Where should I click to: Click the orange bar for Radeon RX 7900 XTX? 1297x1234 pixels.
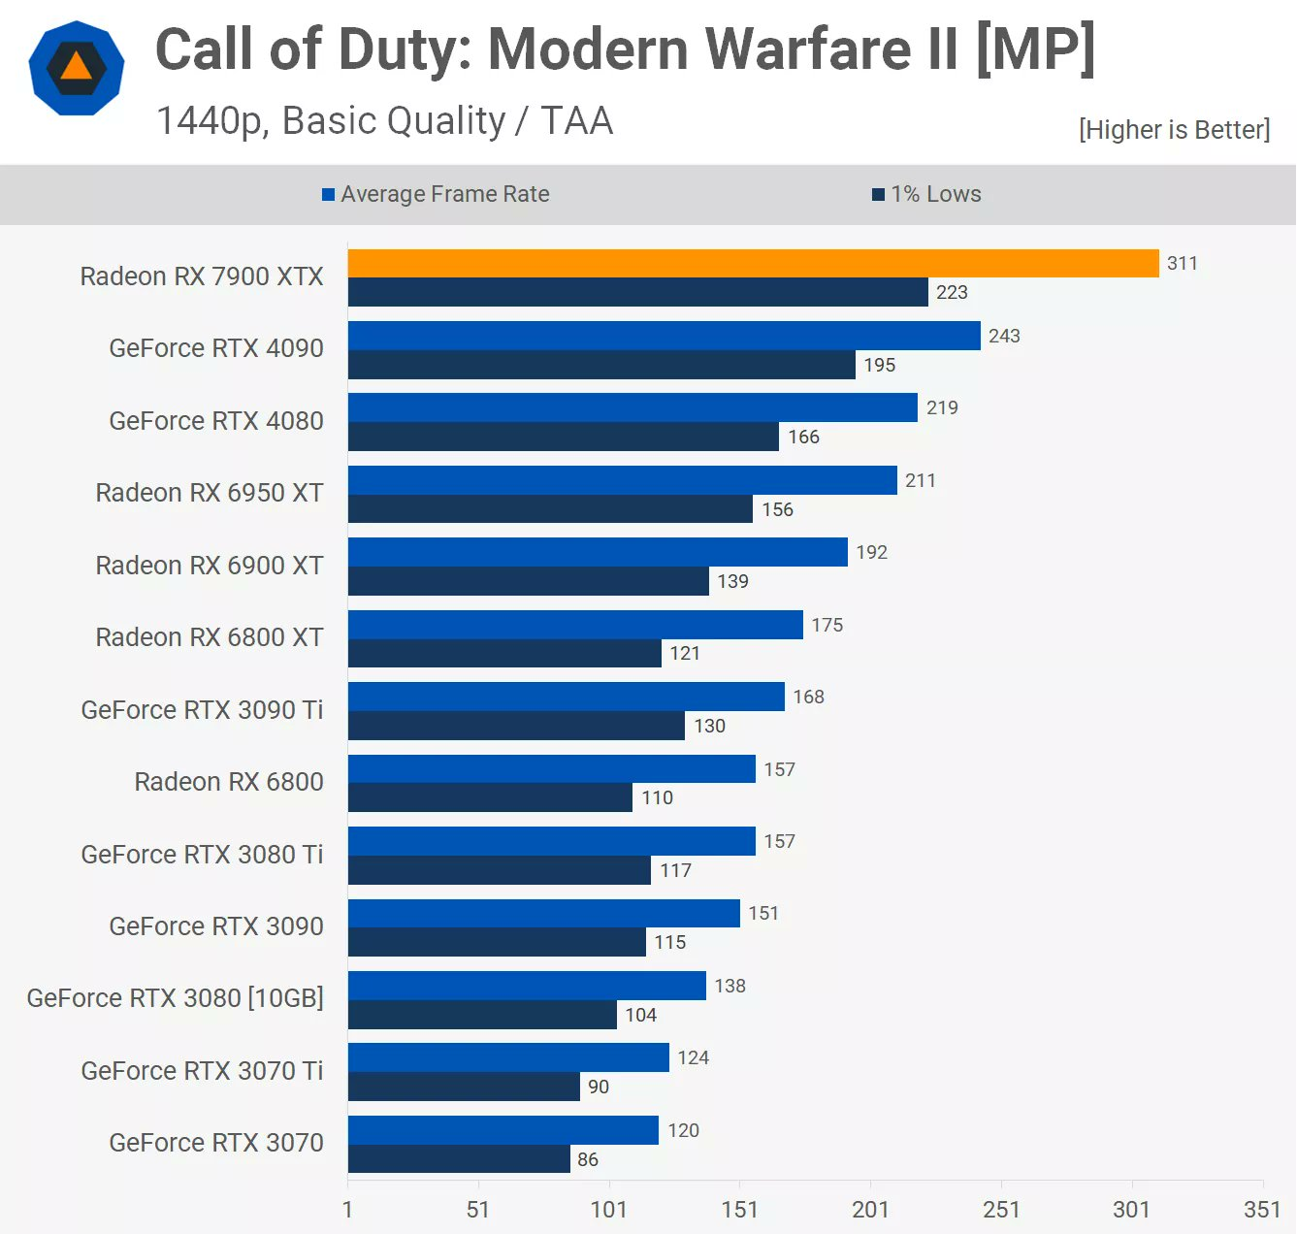tap(753, 263)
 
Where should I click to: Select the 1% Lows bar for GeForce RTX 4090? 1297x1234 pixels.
tap(601, 365)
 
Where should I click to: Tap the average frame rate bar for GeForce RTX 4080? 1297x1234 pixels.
tap(632, 407)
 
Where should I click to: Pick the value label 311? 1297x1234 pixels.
tap(1182, 263)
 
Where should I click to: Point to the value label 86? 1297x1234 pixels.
tap(588, 1159)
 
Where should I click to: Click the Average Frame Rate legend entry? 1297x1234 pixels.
tap(436, 194)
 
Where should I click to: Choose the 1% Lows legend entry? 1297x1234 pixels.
tap(927, 194)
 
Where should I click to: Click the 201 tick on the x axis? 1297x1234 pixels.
tap(870, 1209)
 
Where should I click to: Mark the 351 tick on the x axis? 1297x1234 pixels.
tap(1262, 1209)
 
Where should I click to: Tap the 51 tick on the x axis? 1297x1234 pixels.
tap(477, 1209)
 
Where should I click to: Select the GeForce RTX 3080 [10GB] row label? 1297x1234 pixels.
tap(175, 998)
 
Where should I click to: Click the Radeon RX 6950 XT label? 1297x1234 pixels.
tap(209, 493)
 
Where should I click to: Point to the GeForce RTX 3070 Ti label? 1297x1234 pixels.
tap(202, 1071)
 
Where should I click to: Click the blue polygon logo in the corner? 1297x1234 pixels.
tap(77, 68)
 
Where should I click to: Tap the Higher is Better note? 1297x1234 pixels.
tap(1174, 130)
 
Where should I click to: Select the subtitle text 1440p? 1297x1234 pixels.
tap(212, 121)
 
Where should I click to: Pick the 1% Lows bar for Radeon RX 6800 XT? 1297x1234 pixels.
tap(504, 653)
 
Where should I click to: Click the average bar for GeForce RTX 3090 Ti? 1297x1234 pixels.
tap(566, 697)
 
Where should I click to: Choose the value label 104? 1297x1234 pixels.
tap(640, 1015)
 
